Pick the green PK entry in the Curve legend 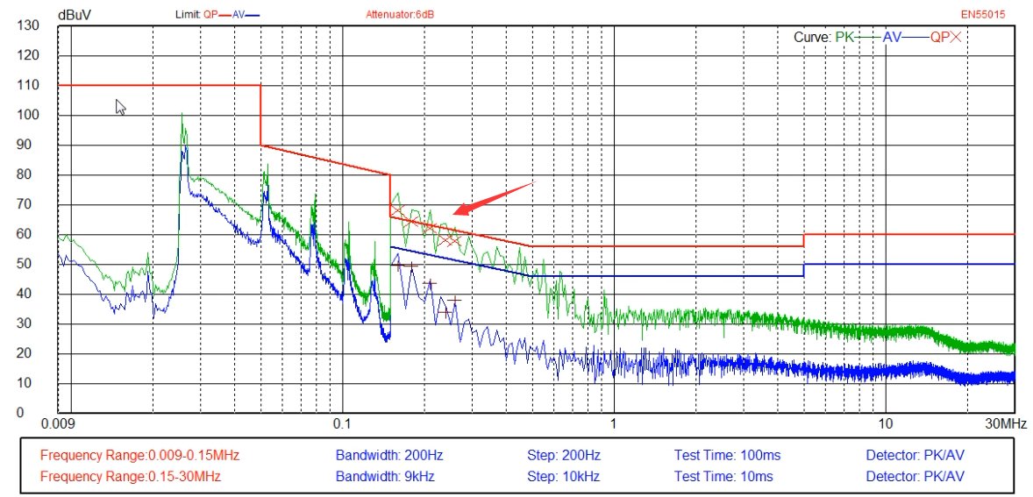coord(845,38)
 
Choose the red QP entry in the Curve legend coord(939,38)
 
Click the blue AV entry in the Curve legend coord(892,38)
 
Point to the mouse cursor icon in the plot coord(120,107)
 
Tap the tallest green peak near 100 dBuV coord(182,114)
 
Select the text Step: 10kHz coord(564,476)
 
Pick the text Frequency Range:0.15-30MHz coord(131,476)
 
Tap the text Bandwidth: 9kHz coord(385,476)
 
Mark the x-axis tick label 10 coord(885,424)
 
